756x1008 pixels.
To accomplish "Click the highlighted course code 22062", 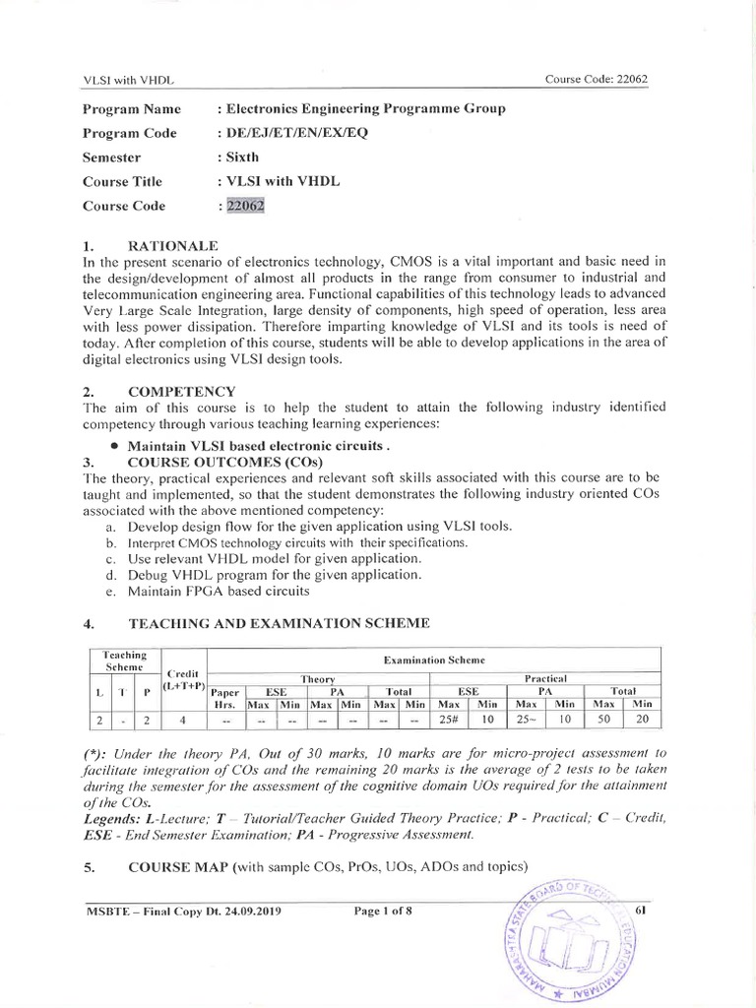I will [244, 206].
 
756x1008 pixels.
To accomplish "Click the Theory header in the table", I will [318, 678].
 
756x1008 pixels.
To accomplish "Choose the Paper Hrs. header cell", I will [225, 698].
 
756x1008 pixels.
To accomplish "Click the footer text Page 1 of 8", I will [382, 911].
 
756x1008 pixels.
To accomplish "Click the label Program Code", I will [130, 133].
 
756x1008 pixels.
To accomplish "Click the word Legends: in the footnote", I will [114, 819].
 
